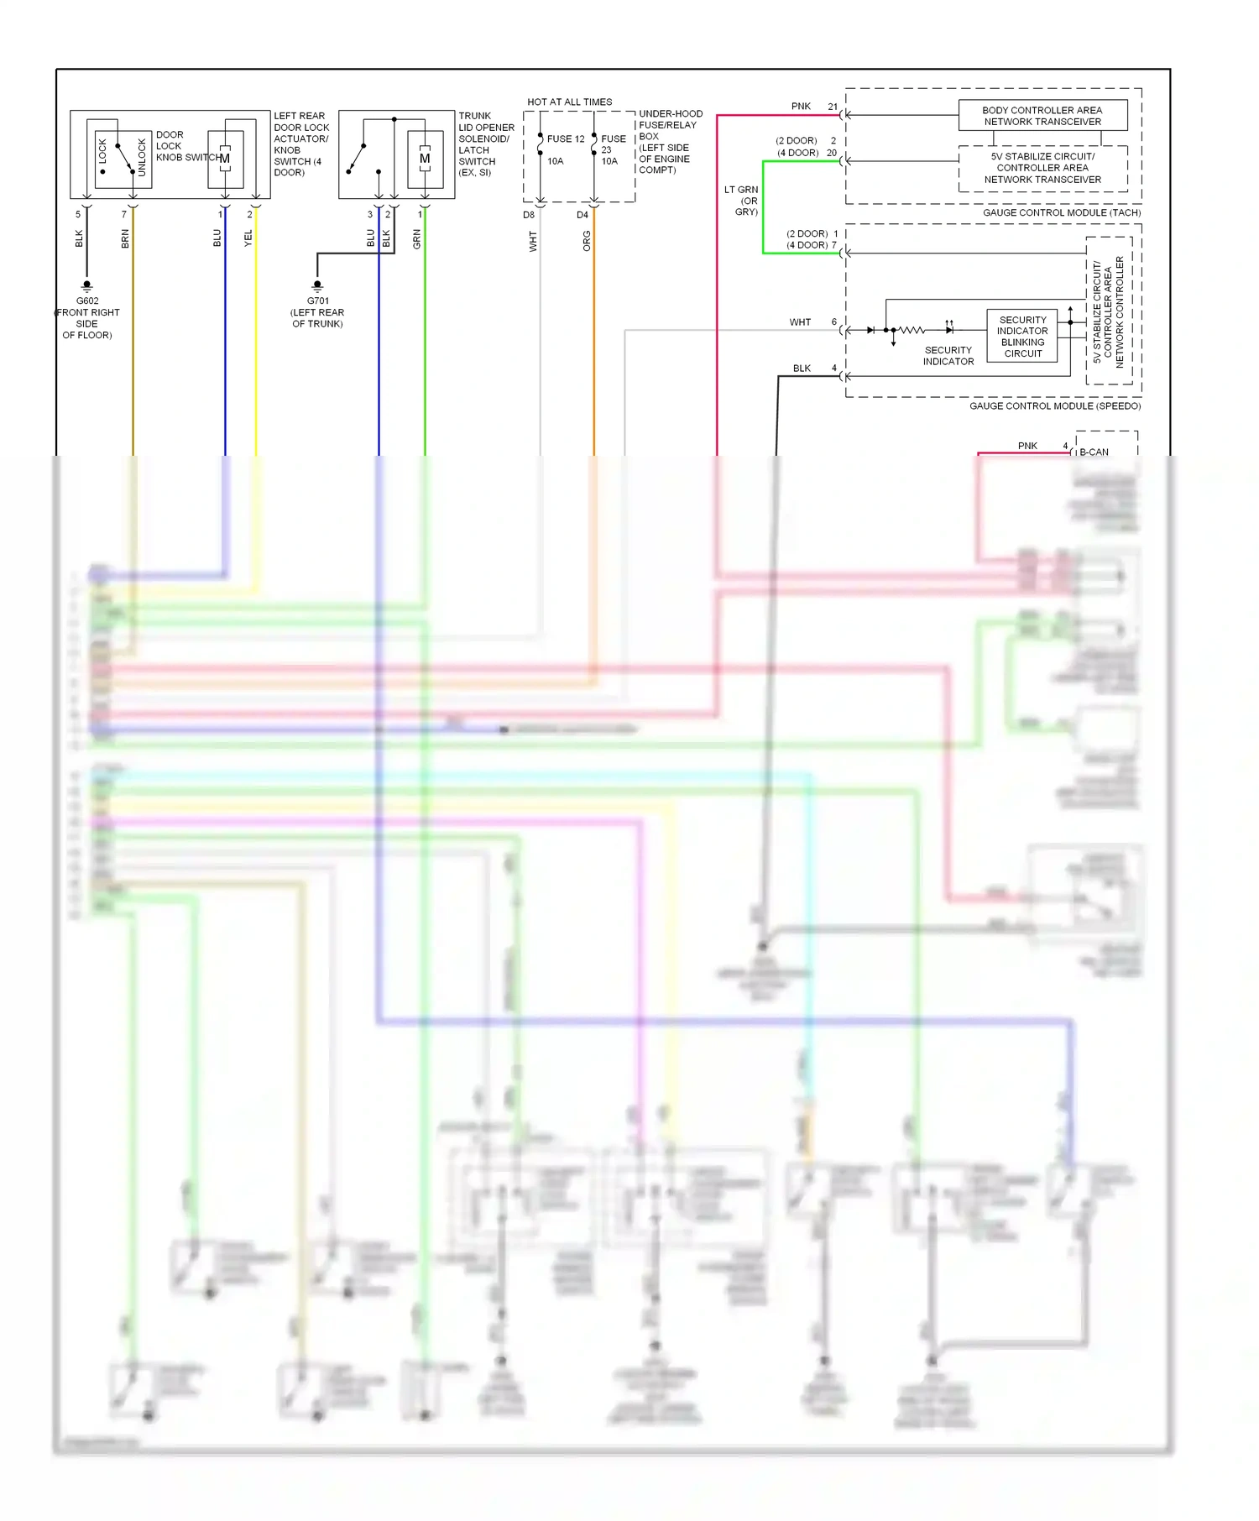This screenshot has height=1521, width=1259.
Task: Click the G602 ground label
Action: coord(87,301)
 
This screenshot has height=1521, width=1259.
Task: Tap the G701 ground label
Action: coord(318,301)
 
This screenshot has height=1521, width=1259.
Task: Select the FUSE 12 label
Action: coord(566,139)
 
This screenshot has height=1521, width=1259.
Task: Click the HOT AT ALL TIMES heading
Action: coord(569,102)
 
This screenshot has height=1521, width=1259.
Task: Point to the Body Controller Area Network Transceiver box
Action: coord(1042,116)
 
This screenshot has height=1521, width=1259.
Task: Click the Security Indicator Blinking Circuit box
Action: coord(1022,337)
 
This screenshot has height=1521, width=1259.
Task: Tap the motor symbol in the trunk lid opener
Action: coord(425,159)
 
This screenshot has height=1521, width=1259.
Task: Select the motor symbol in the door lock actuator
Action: coord(225,159)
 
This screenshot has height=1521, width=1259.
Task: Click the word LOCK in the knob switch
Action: coord(102,152)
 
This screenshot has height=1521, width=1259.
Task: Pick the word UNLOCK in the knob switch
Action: coord(142,158)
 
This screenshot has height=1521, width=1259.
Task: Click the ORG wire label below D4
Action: coord(587,241)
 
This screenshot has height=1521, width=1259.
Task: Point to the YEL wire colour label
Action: coord(248,238)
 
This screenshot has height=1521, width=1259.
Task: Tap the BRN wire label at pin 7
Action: coord(125,238)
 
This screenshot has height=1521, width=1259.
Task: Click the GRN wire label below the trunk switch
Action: coord(417,238)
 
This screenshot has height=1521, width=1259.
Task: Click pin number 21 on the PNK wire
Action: coord(833,107)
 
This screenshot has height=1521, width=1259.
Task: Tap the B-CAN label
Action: coord(1094,452)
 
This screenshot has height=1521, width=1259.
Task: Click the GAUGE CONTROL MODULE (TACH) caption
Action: coord(1061,212)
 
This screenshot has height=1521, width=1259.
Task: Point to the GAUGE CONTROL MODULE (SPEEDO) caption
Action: coord(1054,405)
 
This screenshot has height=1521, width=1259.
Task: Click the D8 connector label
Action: coord(529,215)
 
